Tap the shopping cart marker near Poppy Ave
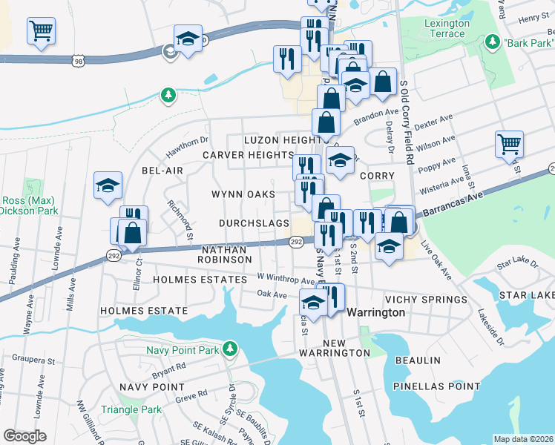[x=509, y=145]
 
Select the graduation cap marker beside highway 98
[x=188, y=39]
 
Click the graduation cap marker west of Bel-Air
[x=108, y=186]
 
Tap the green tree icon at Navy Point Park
[x=231, y=348]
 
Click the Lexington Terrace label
[x=446, y=28]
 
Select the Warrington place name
[x=376, y=312]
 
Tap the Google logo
[x=24, y=436]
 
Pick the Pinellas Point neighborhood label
[x=437, y=386]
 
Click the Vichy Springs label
[x=426, y=300]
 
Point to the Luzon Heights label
[x=286, y=139]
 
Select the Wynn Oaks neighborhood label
[x=243, y=194]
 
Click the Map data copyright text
[x=522, y=438]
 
